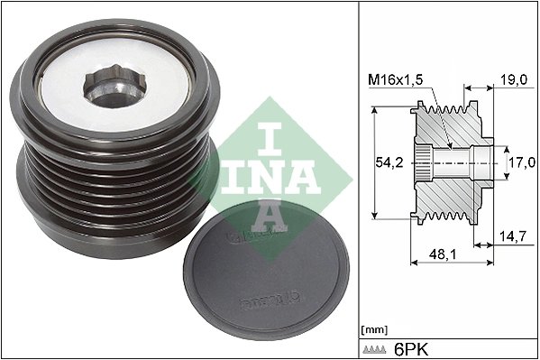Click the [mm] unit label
click(x=373, y=329)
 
